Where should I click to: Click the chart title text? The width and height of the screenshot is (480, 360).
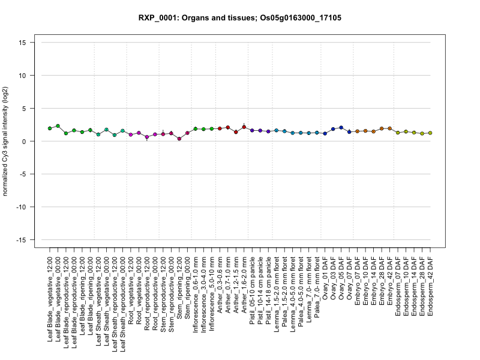point(239,18)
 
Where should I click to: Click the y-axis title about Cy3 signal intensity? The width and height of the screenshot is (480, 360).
point(5,141)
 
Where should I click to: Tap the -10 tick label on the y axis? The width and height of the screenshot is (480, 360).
point(21,207)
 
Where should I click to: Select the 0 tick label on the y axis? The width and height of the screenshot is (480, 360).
point(24,142)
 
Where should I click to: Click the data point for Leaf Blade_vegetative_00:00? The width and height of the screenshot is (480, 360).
point(58,126)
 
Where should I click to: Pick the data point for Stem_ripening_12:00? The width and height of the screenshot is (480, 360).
point(179,139)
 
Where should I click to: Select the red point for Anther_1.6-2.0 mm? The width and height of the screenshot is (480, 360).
point(244,127)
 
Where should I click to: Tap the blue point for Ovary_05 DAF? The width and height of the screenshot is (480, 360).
point(341,128)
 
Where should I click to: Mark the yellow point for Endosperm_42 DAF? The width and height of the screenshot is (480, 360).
point(430,133)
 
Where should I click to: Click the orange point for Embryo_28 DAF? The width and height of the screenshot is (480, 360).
point(382,128)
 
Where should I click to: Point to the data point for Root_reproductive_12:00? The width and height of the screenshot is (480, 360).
point(147,137)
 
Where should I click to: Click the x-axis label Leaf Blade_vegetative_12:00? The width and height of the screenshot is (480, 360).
point(50,299)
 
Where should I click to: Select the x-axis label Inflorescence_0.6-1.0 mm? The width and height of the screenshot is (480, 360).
point(196,295)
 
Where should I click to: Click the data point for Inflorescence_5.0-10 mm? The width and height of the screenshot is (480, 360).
point(212,129)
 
